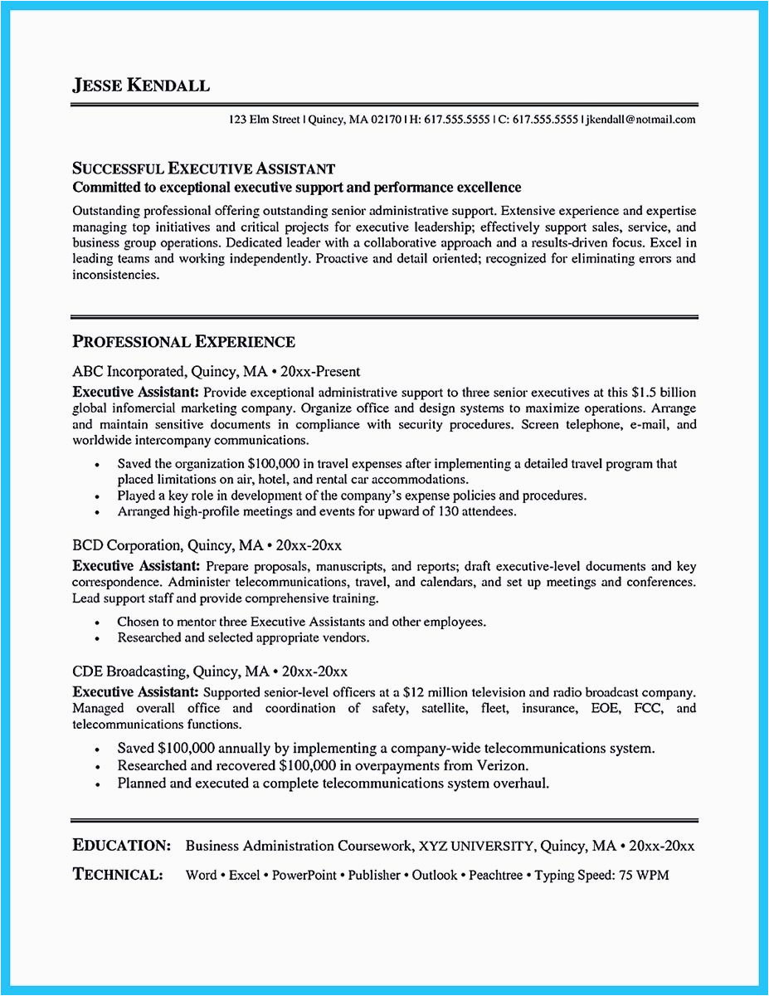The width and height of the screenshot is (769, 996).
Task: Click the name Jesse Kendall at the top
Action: tap(141, 85)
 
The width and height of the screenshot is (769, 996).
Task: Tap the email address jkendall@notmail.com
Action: tap(640, 120)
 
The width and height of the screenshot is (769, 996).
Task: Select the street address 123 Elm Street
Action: tap(265, 120)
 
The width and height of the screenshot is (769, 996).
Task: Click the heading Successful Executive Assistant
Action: tap(204, 169)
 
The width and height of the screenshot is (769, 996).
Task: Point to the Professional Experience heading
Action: tap(183, 341)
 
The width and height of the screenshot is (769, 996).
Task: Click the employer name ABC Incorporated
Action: tap(126, 372)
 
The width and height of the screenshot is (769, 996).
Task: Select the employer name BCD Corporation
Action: tap(126, 545)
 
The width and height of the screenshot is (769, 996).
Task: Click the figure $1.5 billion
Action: tap(664, 392)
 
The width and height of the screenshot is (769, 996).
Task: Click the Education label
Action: tap(122, 846)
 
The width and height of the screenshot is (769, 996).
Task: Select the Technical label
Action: tap(117, 874)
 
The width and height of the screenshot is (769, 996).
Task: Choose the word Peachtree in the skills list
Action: tap(498, 875)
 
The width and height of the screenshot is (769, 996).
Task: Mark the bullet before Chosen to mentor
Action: tap(98, 622)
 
